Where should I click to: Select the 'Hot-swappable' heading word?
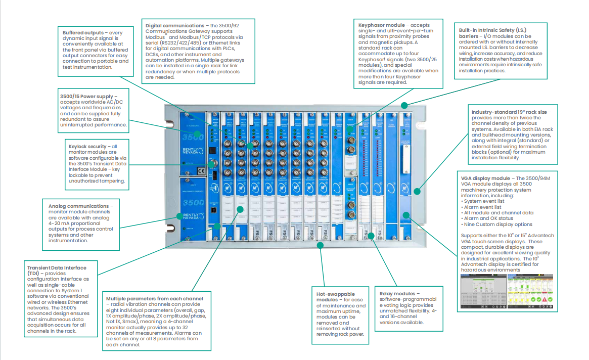point(335,294)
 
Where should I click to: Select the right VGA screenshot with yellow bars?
point(530,294)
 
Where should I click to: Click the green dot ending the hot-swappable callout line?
point(320,245)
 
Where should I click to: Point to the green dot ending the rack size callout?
point(418,191)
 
